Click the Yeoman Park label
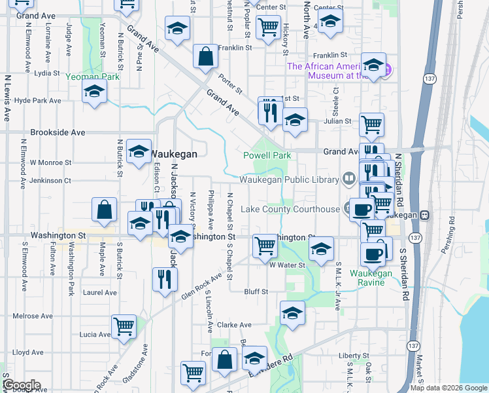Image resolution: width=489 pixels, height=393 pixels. click(x=92, y=77)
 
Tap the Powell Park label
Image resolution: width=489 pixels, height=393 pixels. click(x=267, y=156)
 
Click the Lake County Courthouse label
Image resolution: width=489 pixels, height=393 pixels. click(x=290, y=209)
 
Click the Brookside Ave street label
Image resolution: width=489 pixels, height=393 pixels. click(x=58, y=132)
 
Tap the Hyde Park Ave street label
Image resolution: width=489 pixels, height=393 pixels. click(x=37, y=101)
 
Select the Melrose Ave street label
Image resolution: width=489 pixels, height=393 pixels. click(x=33, y=316)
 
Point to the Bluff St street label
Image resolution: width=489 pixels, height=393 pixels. click(x=255, y=291)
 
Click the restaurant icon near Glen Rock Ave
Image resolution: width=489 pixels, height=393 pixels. click(x=165, y=278)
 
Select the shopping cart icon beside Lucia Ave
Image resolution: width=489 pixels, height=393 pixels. click(x=124, y=325)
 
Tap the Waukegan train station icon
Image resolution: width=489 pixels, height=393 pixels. click(x=425, y=215)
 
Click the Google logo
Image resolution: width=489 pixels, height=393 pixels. click(x=22, y=385)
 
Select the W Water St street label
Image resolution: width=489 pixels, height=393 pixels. click(x=288, y=265)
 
